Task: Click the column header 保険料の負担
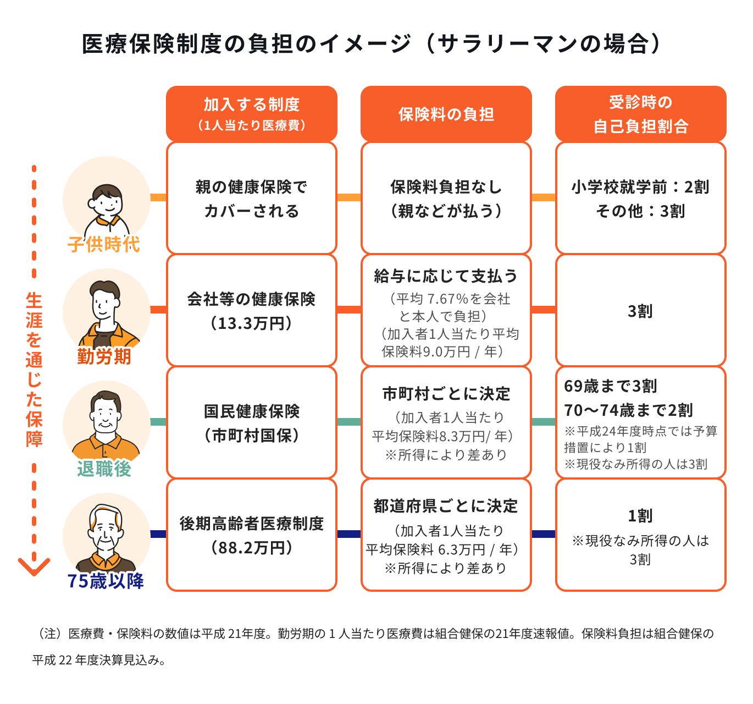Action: (446, 114)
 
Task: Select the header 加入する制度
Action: (251, 105)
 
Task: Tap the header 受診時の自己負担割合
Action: (640, 114)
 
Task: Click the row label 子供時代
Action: (103, 244)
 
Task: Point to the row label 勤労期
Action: (104, 356)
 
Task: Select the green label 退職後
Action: (104, 469)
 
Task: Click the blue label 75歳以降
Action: (106, 581)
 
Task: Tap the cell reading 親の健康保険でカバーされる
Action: (251, 199)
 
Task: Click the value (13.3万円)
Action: (251, 323)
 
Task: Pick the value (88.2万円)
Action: (251, 548)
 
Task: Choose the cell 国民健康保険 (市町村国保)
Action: (251, 424)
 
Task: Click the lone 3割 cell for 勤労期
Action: (640, 311)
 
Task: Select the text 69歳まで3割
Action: (611, 386)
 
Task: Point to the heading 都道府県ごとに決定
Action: (446, 506)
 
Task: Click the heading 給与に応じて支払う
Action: (446, 276)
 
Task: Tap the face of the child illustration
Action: (107, 202)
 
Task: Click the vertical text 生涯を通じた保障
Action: (34, 370)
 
